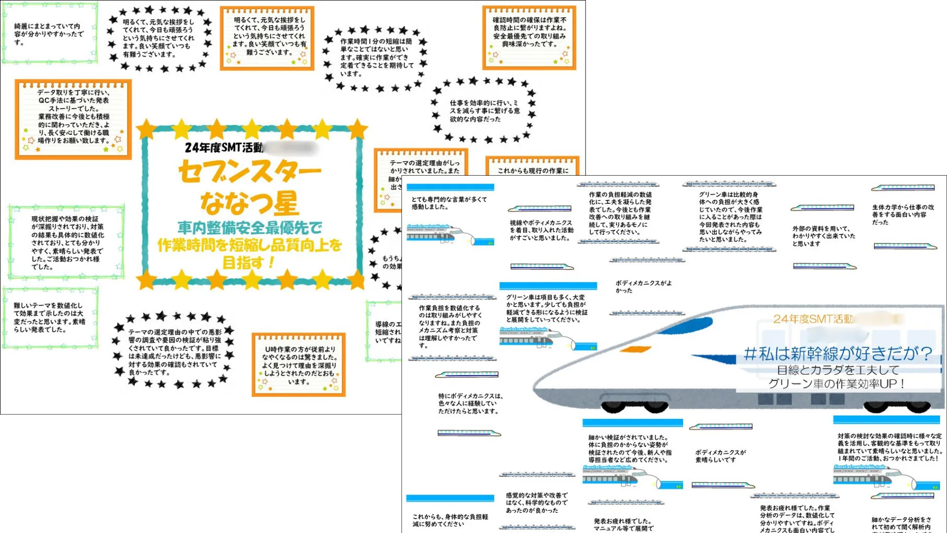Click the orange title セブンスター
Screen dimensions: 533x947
(x=250, y=172)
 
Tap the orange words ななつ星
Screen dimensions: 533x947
(x=250, y=202)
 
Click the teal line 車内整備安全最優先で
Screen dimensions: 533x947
(x=250, y=228)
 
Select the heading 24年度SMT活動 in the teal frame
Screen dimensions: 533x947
(x=224, y=148)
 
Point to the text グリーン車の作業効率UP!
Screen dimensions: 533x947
(x=837, y=383)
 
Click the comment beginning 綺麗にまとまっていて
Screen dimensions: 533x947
(x=49, y=34)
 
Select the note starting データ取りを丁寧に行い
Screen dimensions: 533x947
(x=73, y=116)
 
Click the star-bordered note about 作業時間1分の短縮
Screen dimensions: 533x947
(x=376, y=57)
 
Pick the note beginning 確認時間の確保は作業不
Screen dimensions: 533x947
(x=529, y=32)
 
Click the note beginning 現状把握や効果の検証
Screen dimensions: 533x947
(x=67, y=242)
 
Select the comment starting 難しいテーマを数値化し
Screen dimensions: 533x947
(x=49, y=317)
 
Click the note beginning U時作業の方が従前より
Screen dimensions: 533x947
(x=299, y=365)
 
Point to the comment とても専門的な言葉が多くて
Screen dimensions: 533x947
(x=449, y=203)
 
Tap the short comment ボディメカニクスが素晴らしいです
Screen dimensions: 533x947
(x=720, y=456)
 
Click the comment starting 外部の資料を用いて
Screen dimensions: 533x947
(x=823, y=236)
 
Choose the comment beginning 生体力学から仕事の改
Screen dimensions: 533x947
(x=903, y=215)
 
